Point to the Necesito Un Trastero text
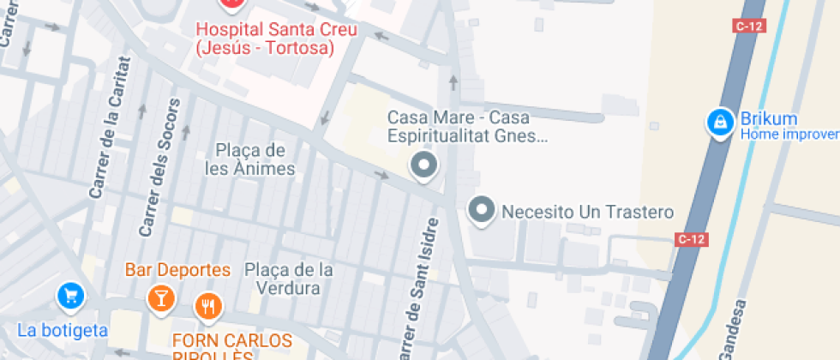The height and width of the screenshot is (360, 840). click(x=588, y=212)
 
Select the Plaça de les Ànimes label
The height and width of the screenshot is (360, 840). click(x=250, y=159)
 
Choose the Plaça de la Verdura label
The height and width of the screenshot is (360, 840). click(x=288, y=279)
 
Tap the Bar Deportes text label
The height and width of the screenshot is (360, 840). click(x=177, y=270)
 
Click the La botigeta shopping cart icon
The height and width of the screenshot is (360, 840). click(x=70, y=297)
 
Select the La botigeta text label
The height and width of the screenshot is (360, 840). click(x=63, y=330)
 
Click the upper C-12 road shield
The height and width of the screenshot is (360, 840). click(x=748, y=27)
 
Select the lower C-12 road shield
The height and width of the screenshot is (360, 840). click(x=692, y=239)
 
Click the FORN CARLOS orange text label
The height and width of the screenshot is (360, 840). click(x=231, y=340)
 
